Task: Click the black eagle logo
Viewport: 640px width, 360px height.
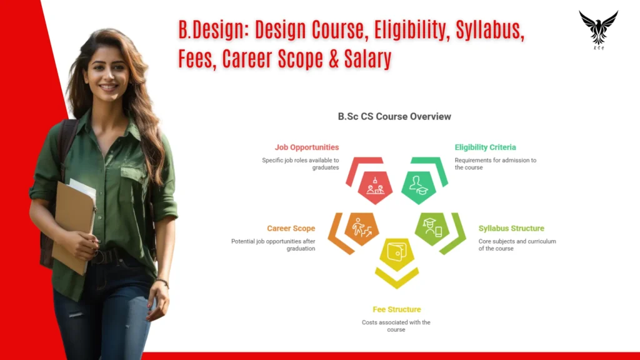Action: (598, 29)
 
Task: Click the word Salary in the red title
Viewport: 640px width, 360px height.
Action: (367, 58)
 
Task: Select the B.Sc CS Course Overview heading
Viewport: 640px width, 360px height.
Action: (394, 116)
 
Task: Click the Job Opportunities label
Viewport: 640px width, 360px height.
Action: (306, 147)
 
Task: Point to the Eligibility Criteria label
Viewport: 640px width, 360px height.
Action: (485, 147)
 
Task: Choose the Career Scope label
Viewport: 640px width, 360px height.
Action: (291, 228)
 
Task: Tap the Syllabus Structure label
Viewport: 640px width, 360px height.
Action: (511, 228)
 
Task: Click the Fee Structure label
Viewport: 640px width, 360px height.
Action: (397, 309)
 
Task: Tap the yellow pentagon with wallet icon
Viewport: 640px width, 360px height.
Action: (397, 254)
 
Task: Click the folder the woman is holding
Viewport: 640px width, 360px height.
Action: (74, 226)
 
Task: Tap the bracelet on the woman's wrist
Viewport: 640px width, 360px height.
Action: (162, 282)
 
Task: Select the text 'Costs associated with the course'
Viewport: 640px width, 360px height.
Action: (396, 326)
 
